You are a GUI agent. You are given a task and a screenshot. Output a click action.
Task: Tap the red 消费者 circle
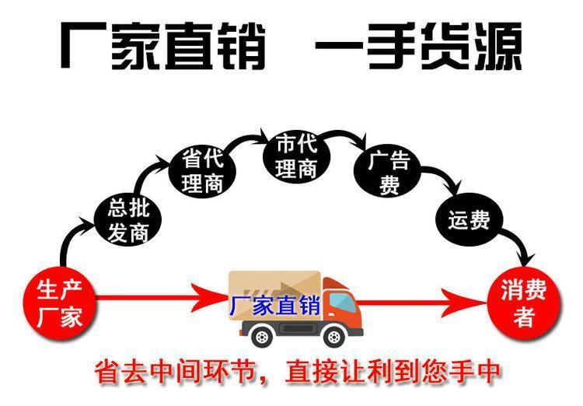(523, 301)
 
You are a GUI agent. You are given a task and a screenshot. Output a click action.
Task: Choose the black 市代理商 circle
(297, 158)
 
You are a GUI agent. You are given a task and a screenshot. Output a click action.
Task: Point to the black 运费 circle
(469, 221)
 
